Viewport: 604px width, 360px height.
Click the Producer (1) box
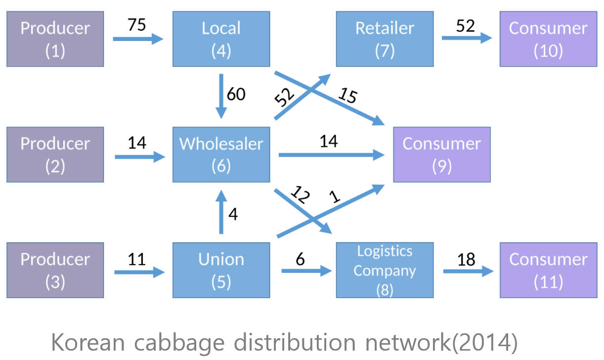point(55,39)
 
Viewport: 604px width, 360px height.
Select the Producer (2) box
point(55,154)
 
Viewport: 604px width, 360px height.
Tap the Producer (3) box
point(55,270)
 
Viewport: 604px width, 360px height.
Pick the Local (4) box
point(221,39)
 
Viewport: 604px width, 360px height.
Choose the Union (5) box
point(221,270)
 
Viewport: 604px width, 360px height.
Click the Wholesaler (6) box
point(221,154)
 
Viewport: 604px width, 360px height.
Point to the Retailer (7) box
point(385,39)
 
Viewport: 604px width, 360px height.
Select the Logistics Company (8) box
point(385,270)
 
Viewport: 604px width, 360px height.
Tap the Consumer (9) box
point(441,154)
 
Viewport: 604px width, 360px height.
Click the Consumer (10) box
point(548,39)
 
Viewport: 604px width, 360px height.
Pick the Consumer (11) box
point(548,270)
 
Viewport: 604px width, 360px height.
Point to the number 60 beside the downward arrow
point(236,93)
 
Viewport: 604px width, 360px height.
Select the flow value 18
point(466,259)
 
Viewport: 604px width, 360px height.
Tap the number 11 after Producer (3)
point(136,259)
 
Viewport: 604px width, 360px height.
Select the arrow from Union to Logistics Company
point(306,271)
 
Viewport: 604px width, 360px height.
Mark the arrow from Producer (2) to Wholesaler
point(139,157)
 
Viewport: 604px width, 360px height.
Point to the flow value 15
point(347,95)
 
